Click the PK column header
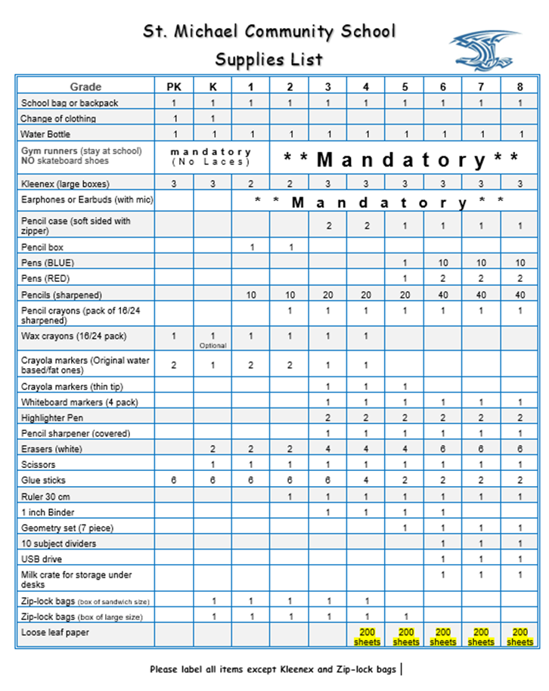click(174, 87)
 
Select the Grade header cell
click(85, 87)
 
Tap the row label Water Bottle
click(46, 135)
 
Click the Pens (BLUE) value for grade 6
click(443, 263)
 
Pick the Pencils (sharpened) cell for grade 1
click(251, 295)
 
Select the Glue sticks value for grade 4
click(366, 481)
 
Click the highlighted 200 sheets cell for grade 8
click(520, 637)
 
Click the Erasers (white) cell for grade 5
click(405, 449)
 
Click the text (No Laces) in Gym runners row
click(211, 162)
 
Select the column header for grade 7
click(481, 87)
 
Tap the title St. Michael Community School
click(270, 32)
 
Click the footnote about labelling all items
click(273, 669)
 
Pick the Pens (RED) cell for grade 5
click(405, 279)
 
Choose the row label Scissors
click(39, 465)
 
